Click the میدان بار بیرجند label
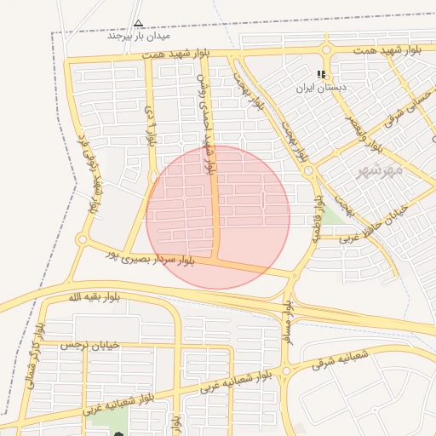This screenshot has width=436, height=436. pos(138,37)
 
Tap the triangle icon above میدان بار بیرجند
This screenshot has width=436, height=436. pos(138,24)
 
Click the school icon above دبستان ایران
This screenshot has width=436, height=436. pos(321,75)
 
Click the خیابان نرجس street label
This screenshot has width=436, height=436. pos(87,346)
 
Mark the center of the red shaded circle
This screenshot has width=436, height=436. pos(218,217)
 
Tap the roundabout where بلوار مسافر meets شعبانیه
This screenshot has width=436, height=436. pos(286,370)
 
